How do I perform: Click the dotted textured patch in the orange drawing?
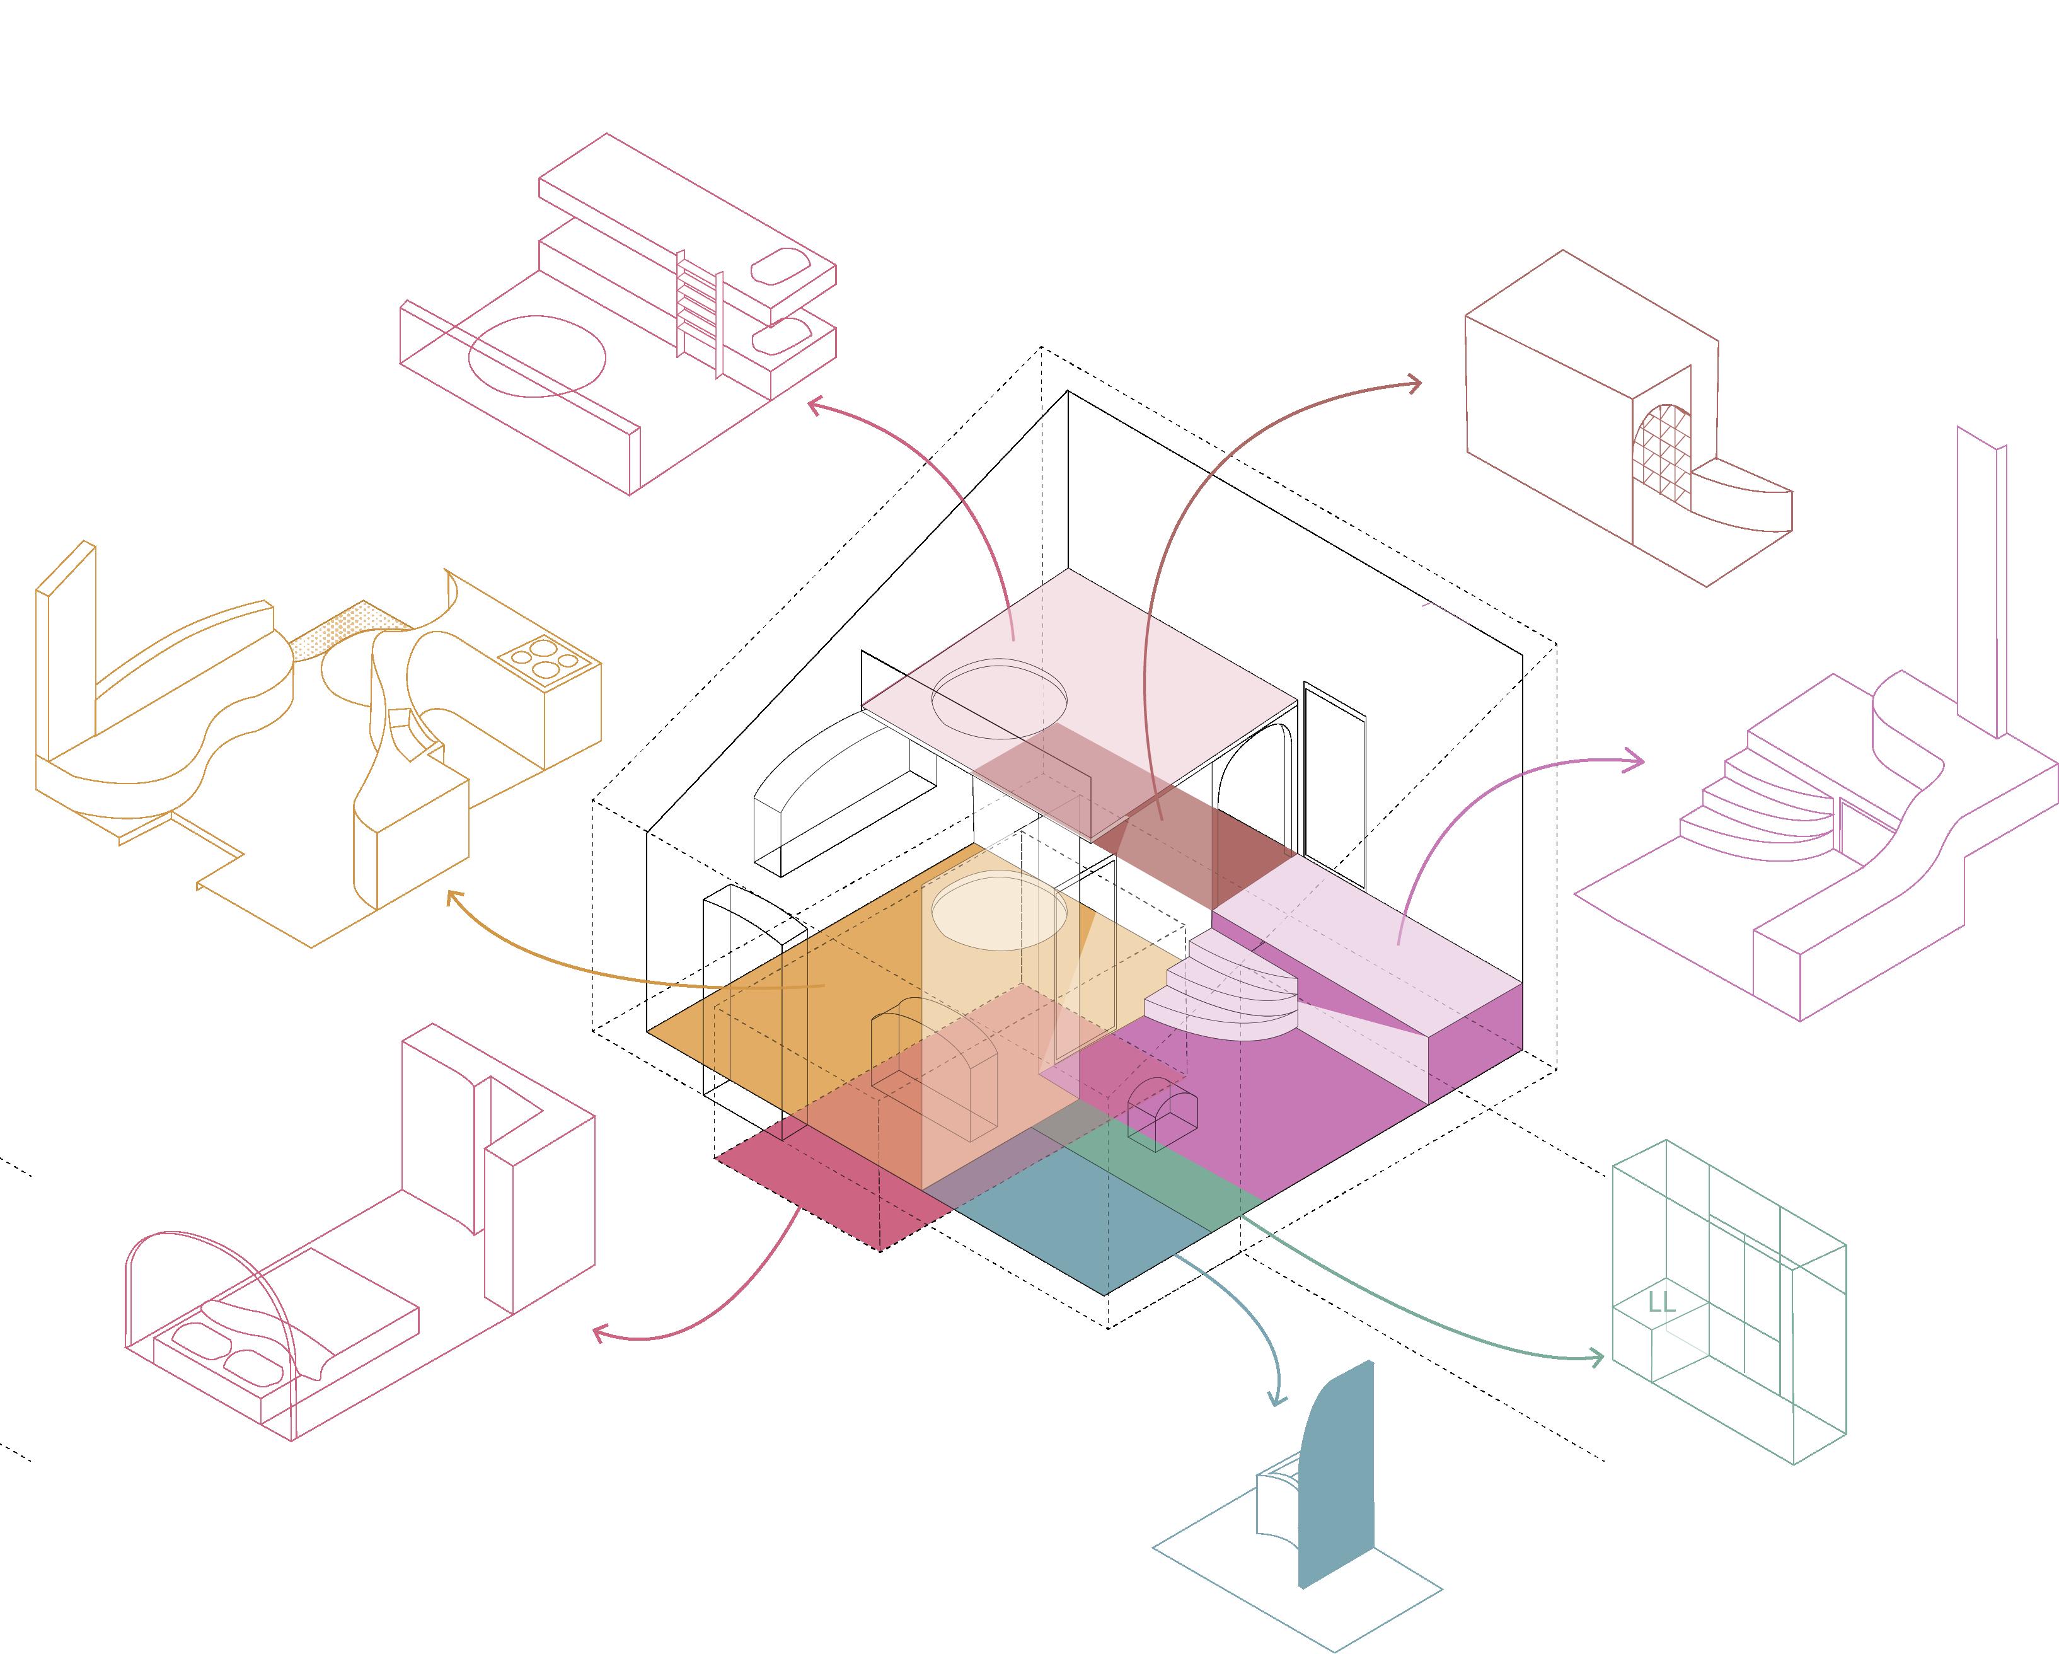pos(344,630)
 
